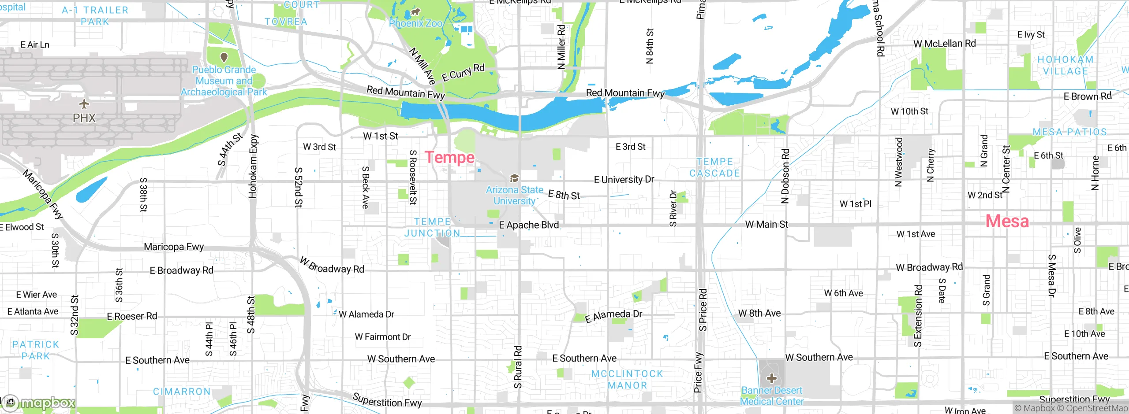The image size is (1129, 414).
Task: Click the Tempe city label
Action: (x=449, y=157)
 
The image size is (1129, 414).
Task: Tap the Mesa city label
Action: (x=1007, y=221)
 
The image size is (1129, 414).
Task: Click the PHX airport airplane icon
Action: (x=84, y=104)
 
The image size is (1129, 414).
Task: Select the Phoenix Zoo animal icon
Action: (x=415, y=12)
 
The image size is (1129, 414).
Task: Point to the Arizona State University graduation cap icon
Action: (x=514, y=178)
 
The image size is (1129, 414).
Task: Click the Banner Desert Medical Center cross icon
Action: (x=771, y=378)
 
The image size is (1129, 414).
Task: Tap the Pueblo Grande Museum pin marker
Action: (x=224, y=57)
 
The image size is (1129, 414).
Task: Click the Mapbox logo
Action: (x=40, y=403)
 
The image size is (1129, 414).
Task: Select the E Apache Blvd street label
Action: (x=528, y=225)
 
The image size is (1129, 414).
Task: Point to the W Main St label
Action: (x=766, y=225)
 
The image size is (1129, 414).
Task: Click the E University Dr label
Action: (x=624, y=180)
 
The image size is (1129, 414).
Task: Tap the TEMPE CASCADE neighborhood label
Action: (x=714, y=167)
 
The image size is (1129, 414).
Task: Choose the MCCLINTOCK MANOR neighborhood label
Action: (x=627, y=379)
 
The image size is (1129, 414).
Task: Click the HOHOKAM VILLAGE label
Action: (x=1065, y=65)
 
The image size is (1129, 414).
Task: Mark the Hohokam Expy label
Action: (x=253, y=166)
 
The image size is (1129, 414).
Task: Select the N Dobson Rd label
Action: (x=785, y=176)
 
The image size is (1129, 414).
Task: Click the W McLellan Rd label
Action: (x=944, y=44)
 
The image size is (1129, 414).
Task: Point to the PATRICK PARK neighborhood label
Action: (x=36, y=350)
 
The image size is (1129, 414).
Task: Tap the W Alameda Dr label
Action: (x=366, y=314)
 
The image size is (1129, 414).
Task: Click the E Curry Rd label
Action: (x=463, y=73)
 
